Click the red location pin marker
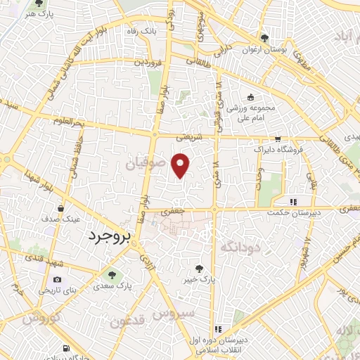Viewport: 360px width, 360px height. click(181, 165)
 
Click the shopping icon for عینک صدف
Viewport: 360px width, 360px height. click(62, 209)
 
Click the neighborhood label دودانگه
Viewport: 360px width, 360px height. click(240, 247)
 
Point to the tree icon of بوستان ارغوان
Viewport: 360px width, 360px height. click(264, 38)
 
